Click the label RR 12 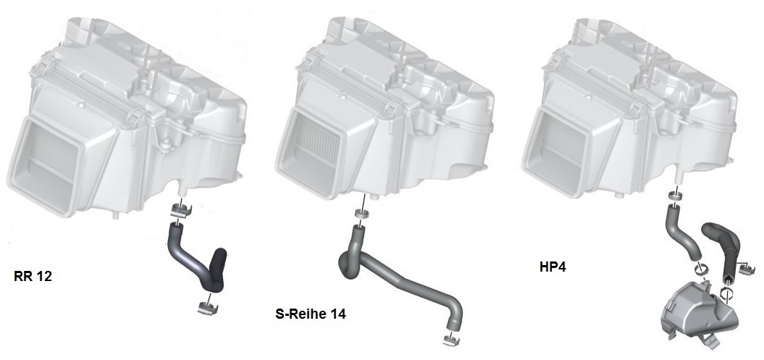33,277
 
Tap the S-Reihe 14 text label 311,314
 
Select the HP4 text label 553,267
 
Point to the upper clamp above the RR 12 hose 180,210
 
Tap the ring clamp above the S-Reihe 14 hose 361,214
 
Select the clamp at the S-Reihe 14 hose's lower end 450,340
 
